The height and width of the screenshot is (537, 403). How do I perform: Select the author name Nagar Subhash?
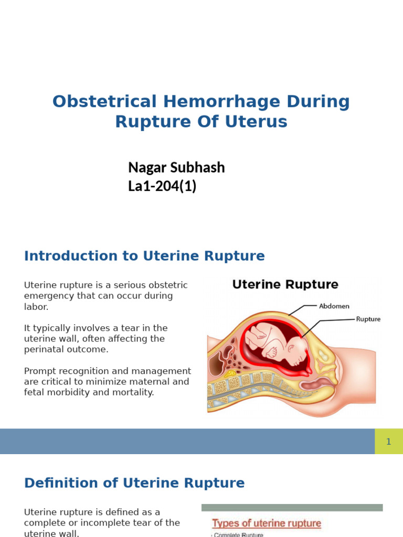tap(176, 167)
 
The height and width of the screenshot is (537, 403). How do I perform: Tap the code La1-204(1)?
tap(162, 186)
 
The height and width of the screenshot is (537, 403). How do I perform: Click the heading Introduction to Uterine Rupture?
tap(144, 256)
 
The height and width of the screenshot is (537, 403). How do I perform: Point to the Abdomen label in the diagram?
tap(334, 306)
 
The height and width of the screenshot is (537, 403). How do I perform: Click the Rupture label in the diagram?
tap(368, 318)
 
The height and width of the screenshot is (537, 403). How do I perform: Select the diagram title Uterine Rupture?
tap(285, 285)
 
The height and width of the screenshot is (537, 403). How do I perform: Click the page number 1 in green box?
tap(388, 442)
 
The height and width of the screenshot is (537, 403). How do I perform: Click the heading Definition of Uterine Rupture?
tap(134, 483)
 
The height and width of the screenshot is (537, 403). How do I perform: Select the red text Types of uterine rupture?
tap(266, 523)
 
